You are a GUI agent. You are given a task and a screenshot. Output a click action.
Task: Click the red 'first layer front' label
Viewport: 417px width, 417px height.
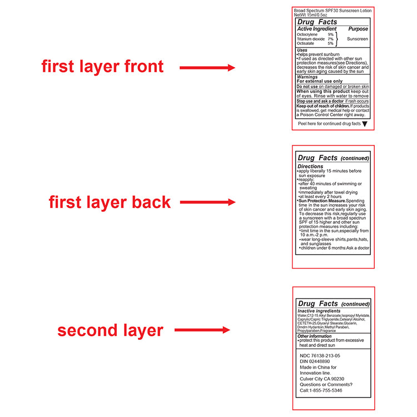102,67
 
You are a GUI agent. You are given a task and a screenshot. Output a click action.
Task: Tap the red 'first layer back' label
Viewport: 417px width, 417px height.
110,202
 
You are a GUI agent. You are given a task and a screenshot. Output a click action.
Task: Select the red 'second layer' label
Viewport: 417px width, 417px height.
111,331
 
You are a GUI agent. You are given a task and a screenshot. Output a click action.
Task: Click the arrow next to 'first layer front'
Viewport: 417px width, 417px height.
207,67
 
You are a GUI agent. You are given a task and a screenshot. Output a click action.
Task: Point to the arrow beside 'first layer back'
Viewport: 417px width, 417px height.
208,202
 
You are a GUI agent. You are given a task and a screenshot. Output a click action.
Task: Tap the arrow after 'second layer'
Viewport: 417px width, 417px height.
202,330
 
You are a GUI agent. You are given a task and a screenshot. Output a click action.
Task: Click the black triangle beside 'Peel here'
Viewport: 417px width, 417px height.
365,124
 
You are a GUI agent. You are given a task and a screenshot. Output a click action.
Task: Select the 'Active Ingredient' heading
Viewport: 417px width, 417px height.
317,29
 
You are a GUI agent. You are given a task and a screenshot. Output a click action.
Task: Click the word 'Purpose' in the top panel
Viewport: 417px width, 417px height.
358,29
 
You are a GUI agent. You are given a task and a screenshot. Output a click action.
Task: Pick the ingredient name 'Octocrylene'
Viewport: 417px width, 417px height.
307,34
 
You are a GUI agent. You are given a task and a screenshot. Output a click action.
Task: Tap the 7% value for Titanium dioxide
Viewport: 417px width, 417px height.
331,39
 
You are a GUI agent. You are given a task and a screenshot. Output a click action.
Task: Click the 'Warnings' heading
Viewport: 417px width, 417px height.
307,77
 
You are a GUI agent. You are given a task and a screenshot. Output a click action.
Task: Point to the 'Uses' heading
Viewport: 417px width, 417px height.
302,50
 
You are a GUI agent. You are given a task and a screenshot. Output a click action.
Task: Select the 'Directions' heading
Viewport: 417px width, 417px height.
310,166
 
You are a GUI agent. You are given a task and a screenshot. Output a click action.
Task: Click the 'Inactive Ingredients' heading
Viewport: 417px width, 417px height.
319,311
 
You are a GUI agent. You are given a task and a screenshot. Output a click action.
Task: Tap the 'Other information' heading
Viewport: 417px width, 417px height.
314,336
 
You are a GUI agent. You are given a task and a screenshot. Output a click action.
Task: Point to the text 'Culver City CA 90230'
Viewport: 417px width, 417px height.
322,379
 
